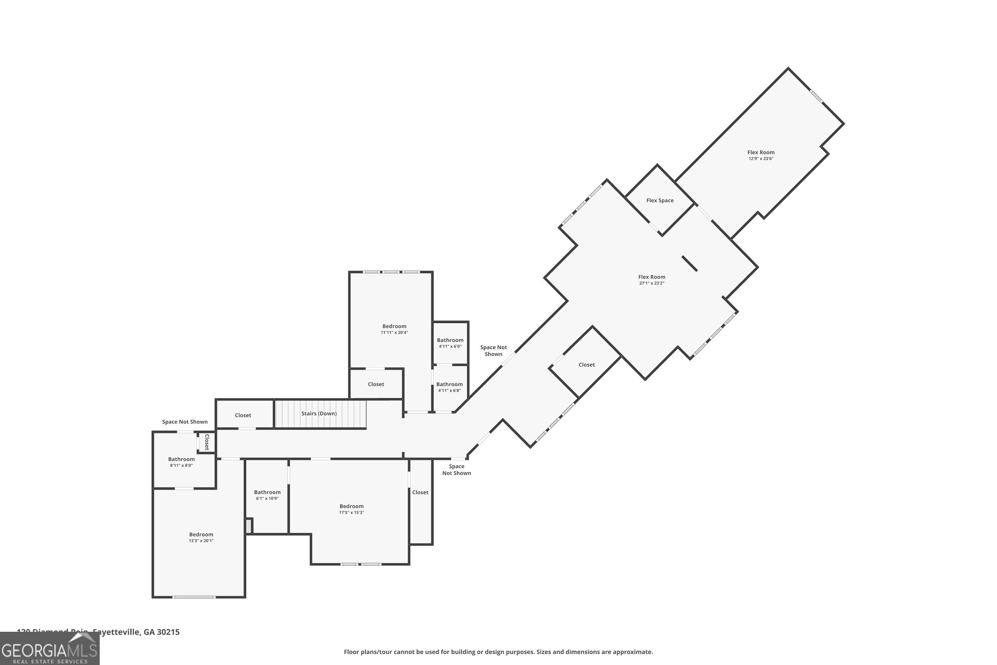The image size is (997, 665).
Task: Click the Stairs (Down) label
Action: pyautogui.click(x=319, y=414)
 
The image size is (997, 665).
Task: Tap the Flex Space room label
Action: pyautogui.click(x=660, y=200)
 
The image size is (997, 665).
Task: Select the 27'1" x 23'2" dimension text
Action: pyautogui.click(x=651, y=283)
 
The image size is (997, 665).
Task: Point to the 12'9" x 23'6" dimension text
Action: pyautogui.click(x=760, y=159)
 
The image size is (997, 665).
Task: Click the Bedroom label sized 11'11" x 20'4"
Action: pyautogui.click(x=394, y=326)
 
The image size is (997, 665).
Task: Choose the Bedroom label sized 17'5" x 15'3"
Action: pyautogui.click(x=351, y=506)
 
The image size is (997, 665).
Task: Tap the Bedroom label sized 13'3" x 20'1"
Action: pyautogui.click(x=201, y=534)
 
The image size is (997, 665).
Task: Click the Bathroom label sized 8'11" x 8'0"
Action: pyautogui.click(x=181, y=459)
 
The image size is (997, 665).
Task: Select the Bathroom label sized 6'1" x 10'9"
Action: pyautogui.click(x=267, y=492)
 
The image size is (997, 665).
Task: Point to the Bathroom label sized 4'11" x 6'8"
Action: pyautogui.click(x=449, y=384)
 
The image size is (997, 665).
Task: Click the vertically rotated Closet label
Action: pyautogui.click(x=207, y=442)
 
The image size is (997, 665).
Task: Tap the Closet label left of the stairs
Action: pyautogui.click(x=243, y=415)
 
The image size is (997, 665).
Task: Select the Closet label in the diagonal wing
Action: pyautogui.click(x=586, y=365)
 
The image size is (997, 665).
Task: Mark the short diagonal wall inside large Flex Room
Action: pyautogui.click(x=689, y=263)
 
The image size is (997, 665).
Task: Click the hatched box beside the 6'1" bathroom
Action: pyautogui.click(x=249, y=526)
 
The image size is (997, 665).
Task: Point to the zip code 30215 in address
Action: pyautogui.click(x=168, y=632)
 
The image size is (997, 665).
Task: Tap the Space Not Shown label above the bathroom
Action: pyautogui.click(x=185, y=422)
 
